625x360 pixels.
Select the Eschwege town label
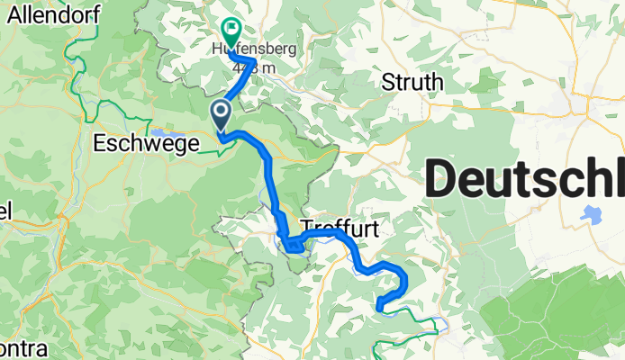145,141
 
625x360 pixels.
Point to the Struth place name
413,83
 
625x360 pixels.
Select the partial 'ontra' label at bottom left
19,347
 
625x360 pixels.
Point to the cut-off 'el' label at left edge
5,213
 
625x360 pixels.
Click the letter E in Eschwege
100,141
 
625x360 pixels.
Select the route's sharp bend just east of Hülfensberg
255,61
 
